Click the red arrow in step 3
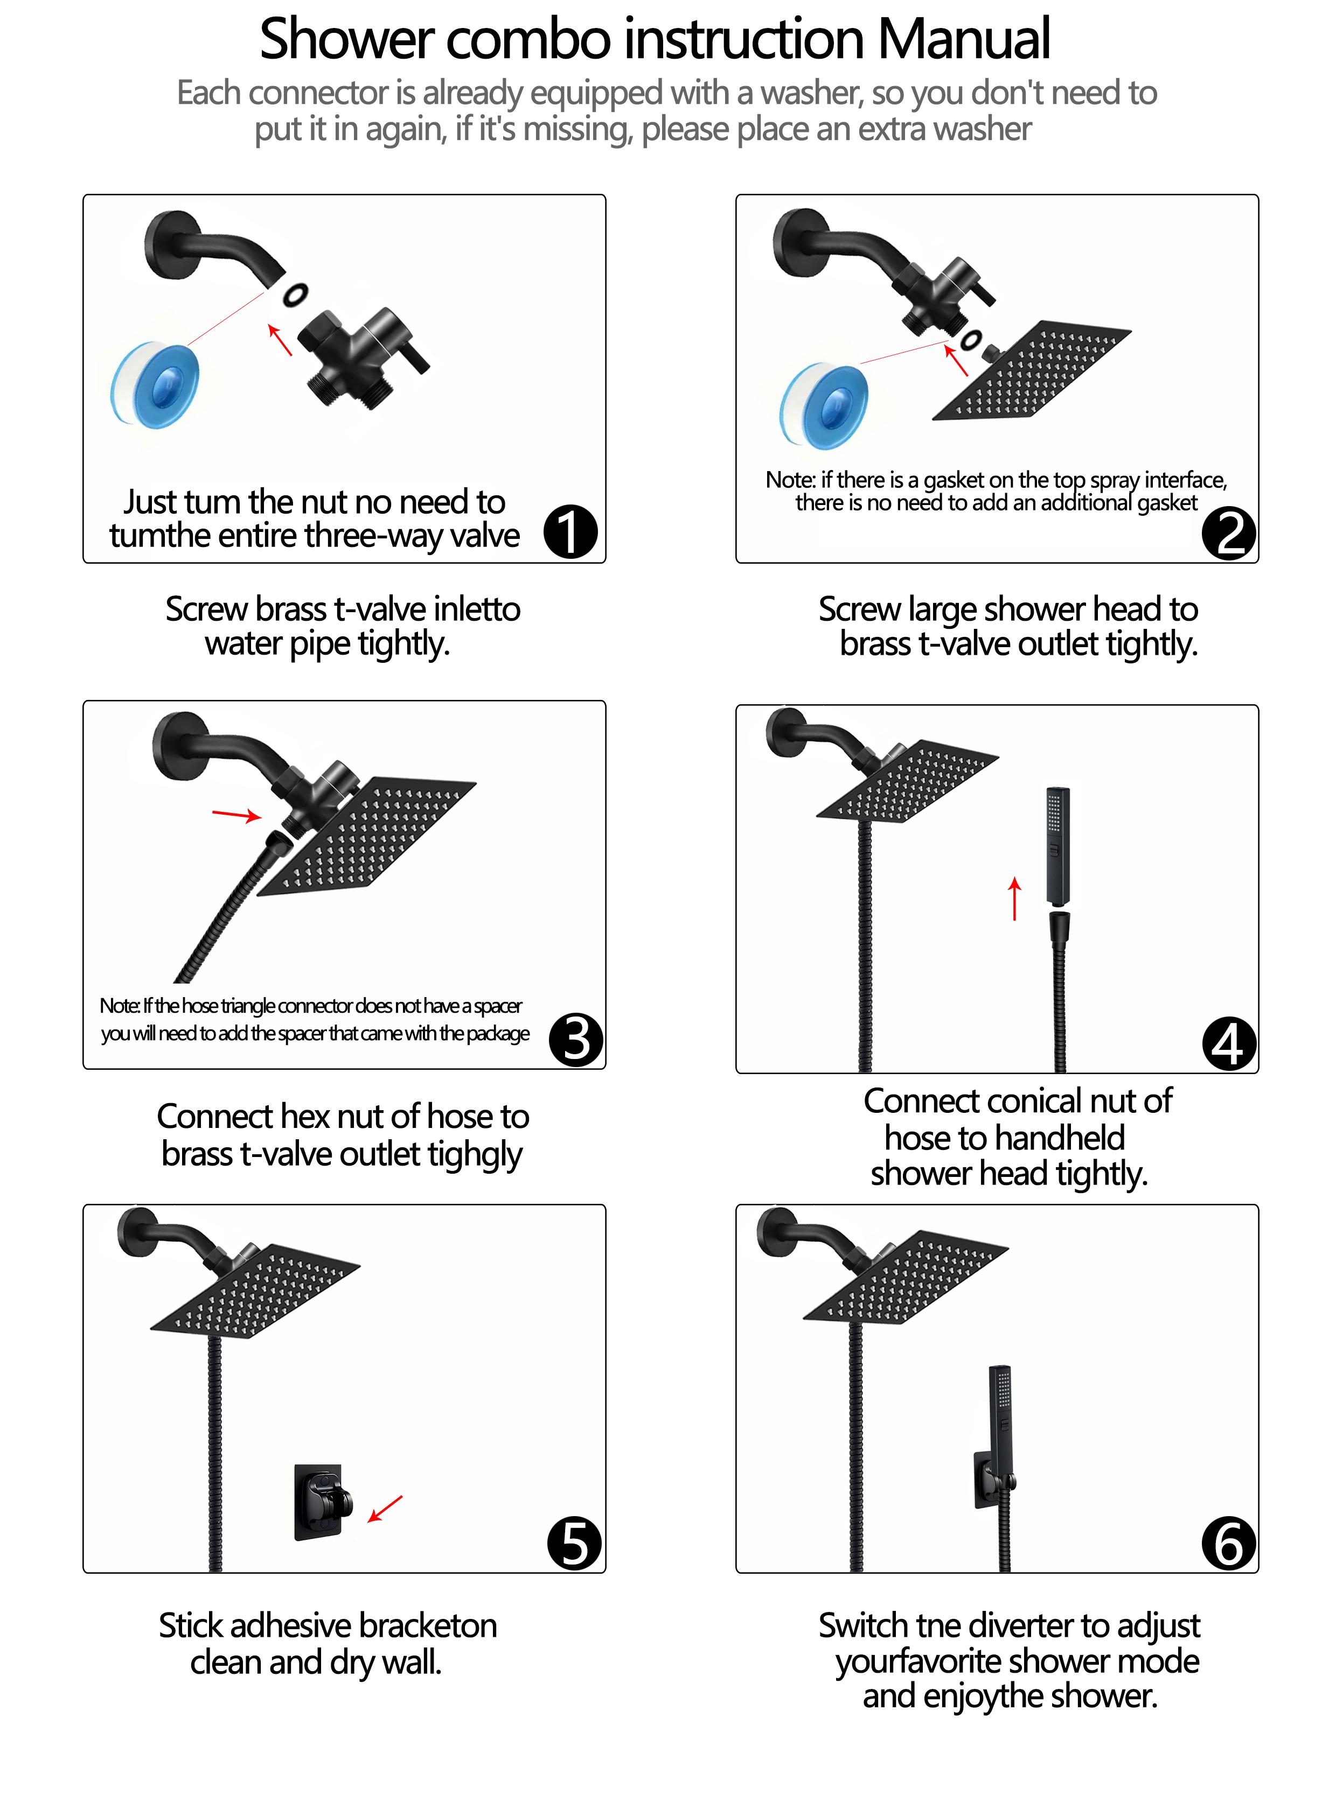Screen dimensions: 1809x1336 pyautogui.click(x=236, y=814)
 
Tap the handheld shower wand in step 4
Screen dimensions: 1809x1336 pyautogui.click(x=1058, y=845)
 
